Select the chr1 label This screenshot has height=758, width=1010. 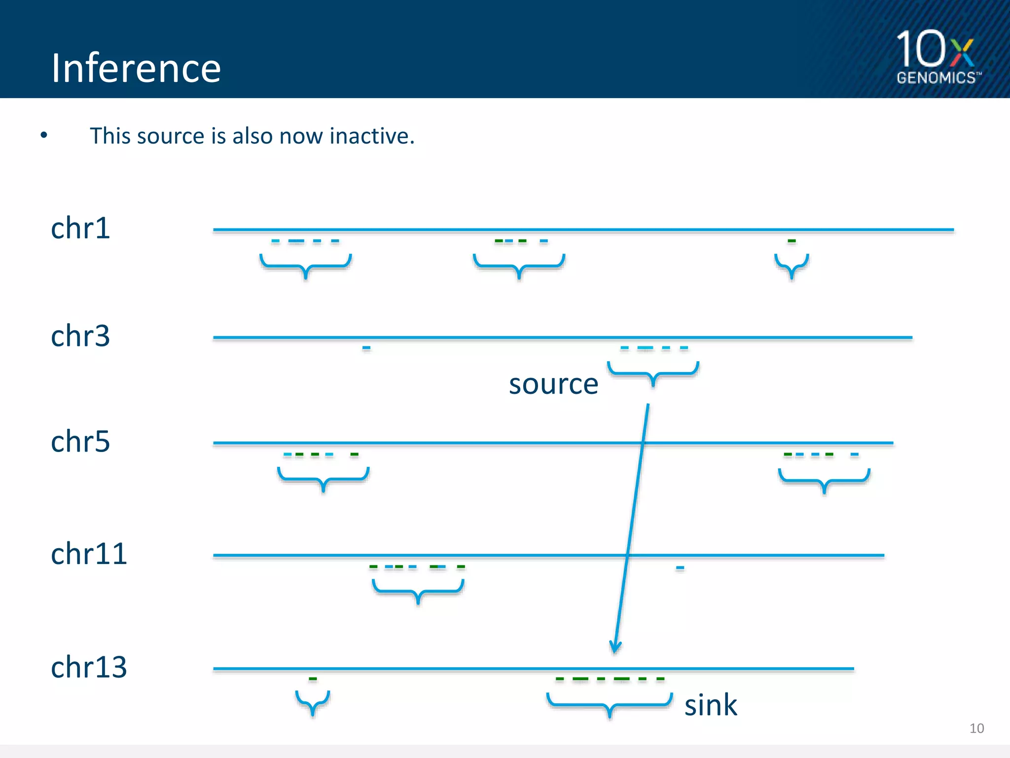coord(80,228)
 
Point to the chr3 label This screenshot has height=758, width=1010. coord(80,336)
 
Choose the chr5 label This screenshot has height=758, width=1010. coord(80,441)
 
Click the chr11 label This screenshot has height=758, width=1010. coord(89,554)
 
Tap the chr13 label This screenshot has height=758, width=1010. coord(89,667)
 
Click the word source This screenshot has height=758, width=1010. coord(553,384)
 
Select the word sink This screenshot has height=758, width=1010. coord(711,705)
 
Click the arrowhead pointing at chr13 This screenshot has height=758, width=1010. coord(615,647)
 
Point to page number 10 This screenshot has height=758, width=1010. coord(976,728)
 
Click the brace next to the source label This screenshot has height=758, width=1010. coord(653,373)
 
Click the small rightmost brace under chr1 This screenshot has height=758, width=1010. coord(792,265)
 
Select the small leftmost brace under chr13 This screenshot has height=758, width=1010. coord(313,701)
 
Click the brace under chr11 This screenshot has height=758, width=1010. coord(418,590)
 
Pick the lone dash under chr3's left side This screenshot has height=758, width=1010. coord(366,348)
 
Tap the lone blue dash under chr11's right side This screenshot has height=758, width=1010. coord(680,568)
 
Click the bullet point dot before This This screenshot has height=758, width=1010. coord(44,135)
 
